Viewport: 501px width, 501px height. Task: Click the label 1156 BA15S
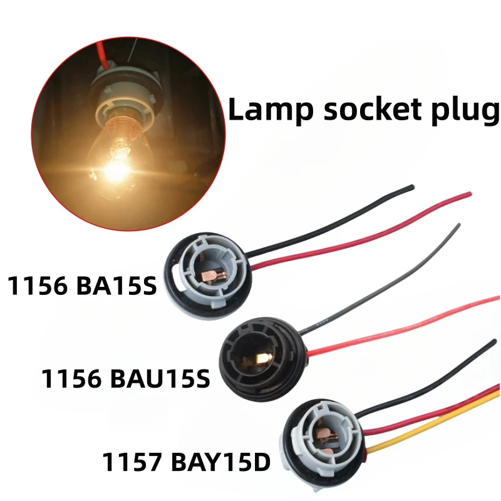click(81, 287)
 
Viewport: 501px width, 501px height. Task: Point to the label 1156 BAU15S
click(126, 378)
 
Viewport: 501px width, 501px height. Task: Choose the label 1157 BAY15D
click(186, 463)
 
